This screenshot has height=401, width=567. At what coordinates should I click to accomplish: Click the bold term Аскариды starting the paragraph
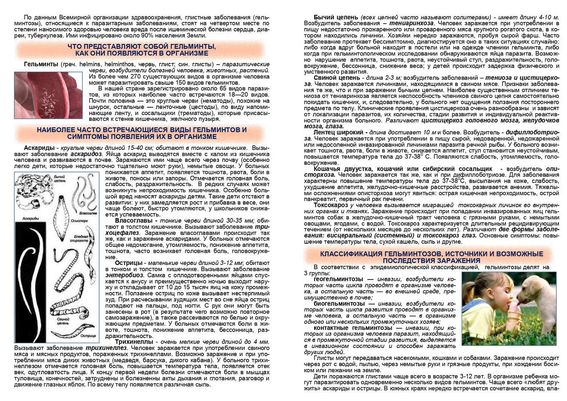point(39,148)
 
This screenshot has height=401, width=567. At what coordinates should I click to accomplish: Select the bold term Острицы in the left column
point(128,263)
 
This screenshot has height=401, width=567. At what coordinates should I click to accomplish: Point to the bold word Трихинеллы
point(133,342)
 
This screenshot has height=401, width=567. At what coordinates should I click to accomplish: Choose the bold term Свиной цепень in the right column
point(336,78)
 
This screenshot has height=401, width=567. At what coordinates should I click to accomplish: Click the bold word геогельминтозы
point(339,279)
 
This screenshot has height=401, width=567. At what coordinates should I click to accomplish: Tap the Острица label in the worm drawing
point(88,335)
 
